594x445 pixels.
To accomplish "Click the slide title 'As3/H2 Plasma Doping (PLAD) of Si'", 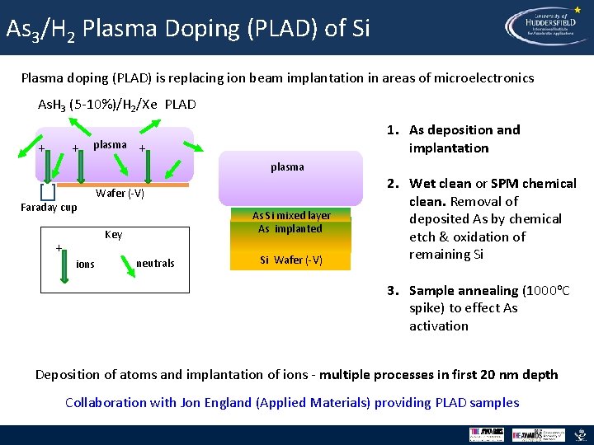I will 187,29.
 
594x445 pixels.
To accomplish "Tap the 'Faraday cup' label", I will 49,208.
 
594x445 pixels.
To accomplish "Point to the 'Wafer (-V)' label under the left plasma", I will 120,194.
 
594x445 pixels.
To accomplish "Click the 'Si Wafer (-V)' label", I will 291,261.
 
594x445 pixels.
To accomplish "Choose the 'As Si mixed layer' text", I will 291,215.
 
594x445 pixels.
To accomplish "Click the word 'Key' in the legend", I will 114,235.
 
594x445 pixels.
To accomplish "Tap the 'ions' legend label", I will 85,265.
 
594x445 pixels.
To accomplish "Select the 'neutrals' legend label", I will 155,264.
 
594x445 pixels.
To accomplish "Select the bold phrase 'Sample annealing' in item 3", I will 464,290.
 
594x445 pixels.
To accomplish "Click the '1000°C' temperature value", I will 547,290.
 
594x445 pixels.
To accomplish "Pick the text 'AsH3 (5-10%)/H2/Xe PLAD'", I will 117,105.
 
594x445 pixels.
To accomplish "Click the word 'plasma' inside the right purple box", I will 287,166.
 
